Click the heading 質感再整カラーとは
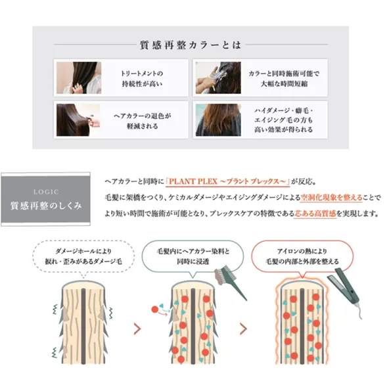click(191, 45)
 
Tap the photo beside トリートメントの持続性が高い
click(79, 78)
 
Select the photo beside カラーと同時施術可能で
click(218, 78)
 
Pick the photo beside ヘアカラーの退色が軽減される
click(78, 120)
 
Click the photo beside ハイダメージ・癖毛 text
click(218, 120)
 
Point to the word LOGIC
click(46, 192)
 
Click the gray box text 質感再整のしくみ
click(46, 206)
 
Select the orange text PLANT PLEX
click(193, 181)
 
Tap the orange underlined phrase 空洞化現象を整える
click(331, 198)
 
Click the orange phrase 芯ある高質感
click(315, 214)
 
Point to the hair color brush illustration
click(230, 282)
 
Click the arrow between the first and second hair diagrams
click(137, 329)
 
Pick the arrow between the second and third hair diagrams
click(244, 329)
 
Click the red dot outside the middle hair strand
click(155, 309)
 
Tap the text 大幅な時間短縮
click(284, 84)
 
